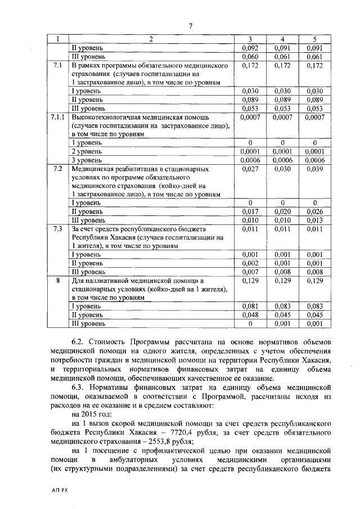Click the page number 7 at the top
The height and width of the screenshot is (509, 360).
[190, 26]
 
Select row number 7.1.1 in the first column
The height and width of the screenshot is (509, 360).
[57, 117]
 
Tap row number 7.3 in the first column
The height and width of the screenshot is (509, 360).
[57, 229]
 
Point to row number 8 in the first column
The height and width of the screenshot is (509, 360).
[57, 280]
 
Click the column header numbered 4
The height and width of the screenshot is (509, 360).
[283, 39]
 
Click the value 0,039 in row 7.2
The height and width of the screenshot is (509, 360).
[315, 168]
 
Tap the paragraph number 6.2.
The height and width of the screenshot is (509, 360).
[79, 341]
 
